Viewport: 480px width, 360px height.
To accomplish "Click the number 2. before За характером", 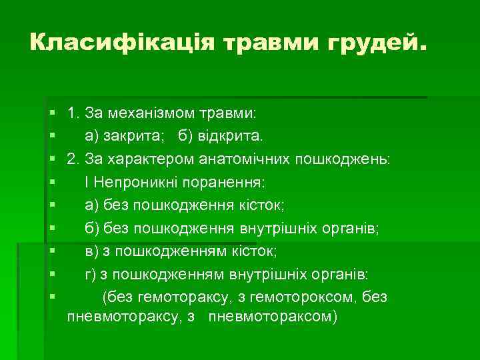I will pyautogui.click(x=73, y=159).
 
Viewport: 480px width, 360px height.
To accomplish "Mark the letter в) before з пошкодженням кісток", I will pyautogui.click(x=93, y=251).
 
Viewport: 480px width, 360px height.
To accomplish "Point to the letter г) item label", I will pyautogui.click(x=92, y=274).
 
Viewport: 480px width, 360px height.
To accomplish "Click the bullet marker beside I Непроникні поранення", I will pyautogui.click(x=52, y=183).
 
